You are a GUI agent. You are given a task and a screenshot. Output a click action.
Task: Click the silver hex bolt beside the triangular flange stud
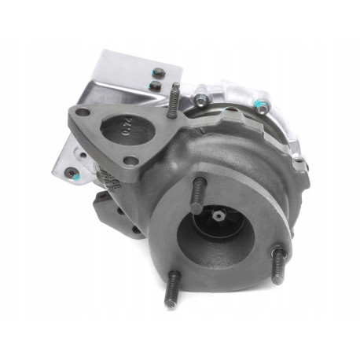tap(201, 100)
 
